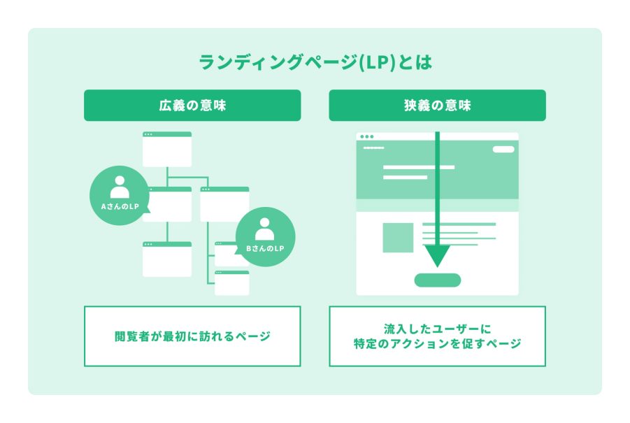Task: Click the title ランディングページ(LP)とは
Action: (x=315, y=63)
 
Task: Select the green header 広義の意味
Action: (x=192, y=106)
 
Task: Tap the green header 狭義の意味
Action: (x=437, y=106)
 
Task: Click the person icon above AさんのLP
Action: (x=120, y=186)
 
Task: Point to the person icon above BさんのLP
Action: (x=265, y=229)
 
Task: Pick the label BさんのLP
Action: (x=265, y=249)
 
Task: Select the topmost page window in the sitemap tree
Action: (x=167, y=149)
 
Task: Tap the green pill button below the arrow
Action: (x=438, y=280)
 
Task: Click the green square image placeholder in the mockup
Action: (x=398, y=238)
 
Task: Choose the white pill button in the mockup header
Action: (x=503, y=149)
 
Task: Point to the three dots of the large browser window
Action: (x=366, y=136)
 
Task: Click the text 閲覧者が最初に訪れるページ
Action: (x=192, y=336)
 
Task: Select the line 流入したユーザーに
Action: (x=437, y=327)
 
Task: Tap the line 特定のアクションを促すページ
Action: (x=437, y=344)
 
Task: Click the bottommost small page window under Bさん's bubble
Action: (x=232, y=283)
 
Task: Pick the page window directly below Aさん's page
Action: (x=167, y=259)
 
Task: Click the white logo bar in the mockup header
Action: (x=374, y=148)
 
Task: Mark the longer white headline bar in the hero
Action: (x=419, y=168)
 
